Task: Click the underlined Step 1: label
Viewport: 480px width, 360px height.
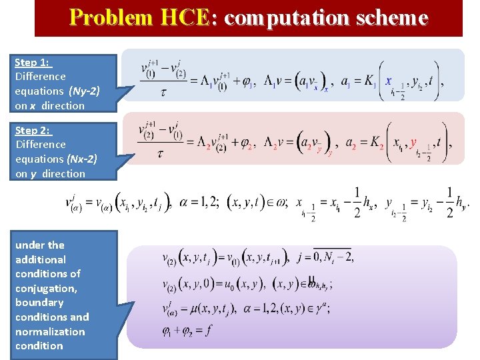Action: [x=32, y=62]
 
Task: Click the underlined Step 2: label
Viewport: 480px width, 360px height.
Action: [x=33, y=130]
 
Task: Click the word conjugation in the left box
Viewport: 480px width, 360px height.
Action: [x=46, y=288]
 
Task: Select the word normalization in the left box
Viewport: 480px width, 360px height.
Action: [x=50, y=331]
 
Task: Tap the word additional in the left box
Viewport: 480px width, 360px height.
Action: [x=41, y=259]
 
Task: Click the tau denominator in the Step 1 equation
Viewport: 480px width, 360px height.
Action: [x=164, y=91]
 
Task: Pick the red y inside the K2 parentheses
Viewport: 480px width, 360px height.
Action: [x=413, y=142]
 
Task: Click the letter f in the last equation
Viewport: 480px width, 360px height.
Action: [x=209, y=329]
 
